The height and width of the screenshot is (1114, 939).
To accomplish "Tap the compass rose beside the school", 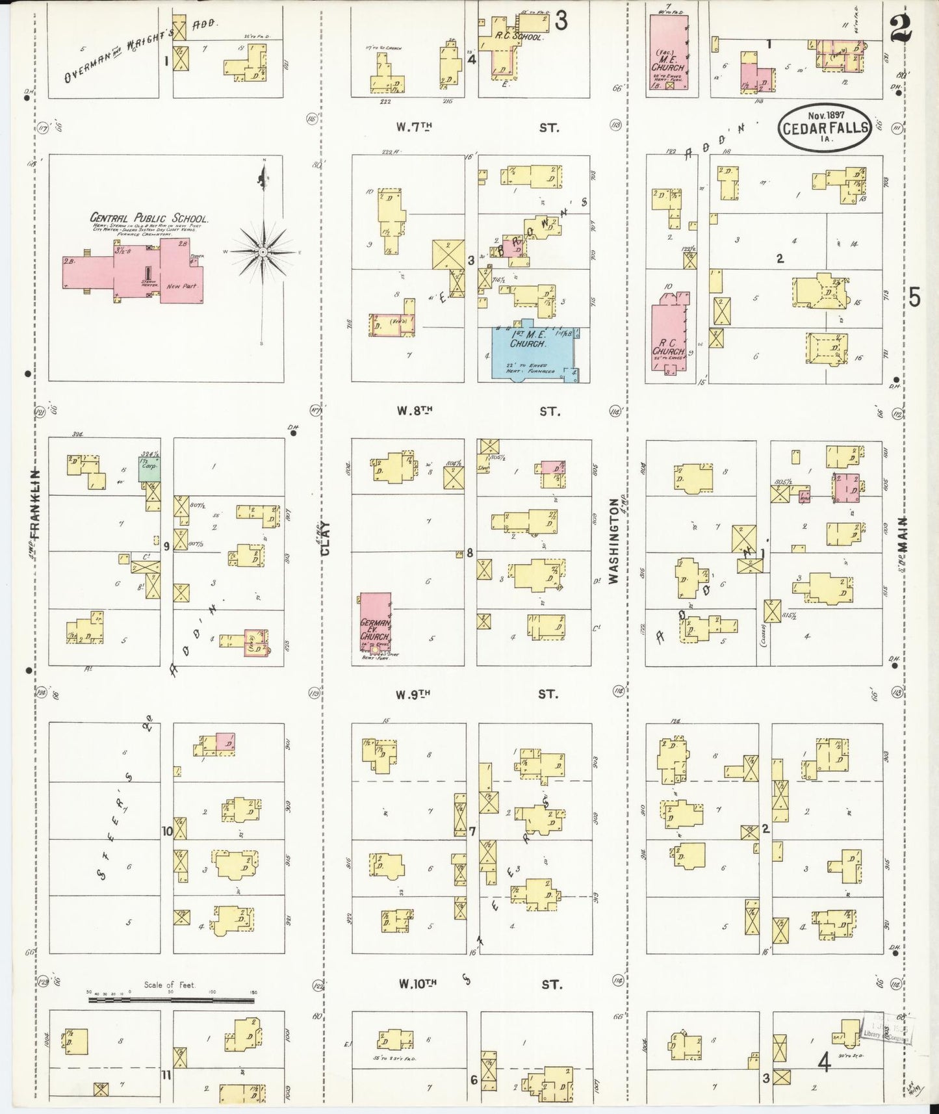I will click(262, 251).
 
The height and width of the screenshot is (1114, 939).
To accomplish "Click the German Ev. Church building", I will click(376, 623).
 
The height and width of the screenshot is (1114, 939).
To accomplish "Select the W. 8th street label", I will click(415, 411).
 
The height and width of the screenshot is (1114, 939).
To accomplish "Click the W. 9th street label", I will click(415, 694).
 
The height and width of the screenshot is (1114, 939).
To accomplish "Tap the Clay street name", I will click(326, 538).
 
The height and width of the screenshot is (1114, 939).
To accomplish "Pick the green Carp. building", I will click(149, 467).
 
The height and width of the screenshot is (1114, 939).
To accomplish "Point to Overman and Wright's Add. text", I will click(140, 48).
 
